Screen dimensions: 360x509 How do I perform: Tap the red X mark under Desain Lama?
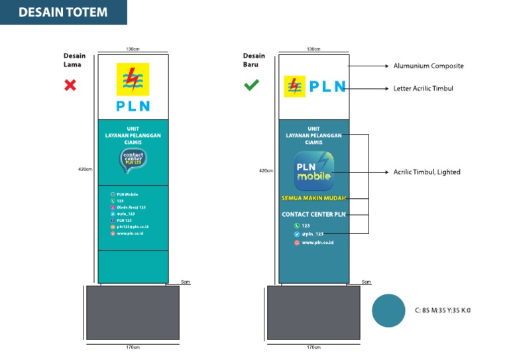(69, 85)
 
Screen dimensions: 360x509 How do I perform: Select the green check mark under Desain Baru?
(251, 85)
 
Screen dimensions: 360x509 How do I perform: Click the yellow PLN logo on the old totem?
(133, 80)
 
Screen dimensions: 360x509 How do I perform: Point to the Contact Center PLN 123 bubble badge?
(133, 160)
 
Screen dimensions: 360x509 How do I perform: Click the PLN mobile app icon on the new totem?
(313, 171)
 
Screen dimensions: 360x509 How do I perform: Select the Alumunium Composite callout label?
(428, 66)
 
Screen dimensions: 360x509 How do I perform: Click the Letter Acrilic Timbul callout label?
(423, 88)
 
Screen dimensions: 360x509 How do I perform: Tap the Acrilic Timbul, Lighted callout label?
(426, 172)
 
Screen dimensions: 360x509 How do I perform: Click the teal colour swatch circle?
(388, 310)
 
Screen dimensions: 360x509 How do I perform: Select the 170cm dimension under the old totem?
(133, 347)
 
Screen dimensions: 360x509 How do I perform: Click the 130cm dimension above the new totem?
(313, 50)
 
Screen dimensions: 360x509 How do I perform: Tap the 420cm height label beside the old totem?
(85, 170)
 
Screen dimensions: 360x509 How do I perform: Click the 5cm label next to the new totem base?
(367, 282)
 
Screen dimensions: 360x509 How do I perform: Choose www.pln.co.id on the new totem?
(317, 243)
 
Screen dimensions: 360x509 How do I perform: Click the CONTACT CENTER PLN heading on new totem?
(313, 214)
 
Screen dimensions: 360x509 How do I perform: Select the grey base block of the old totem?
(133, 312)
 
